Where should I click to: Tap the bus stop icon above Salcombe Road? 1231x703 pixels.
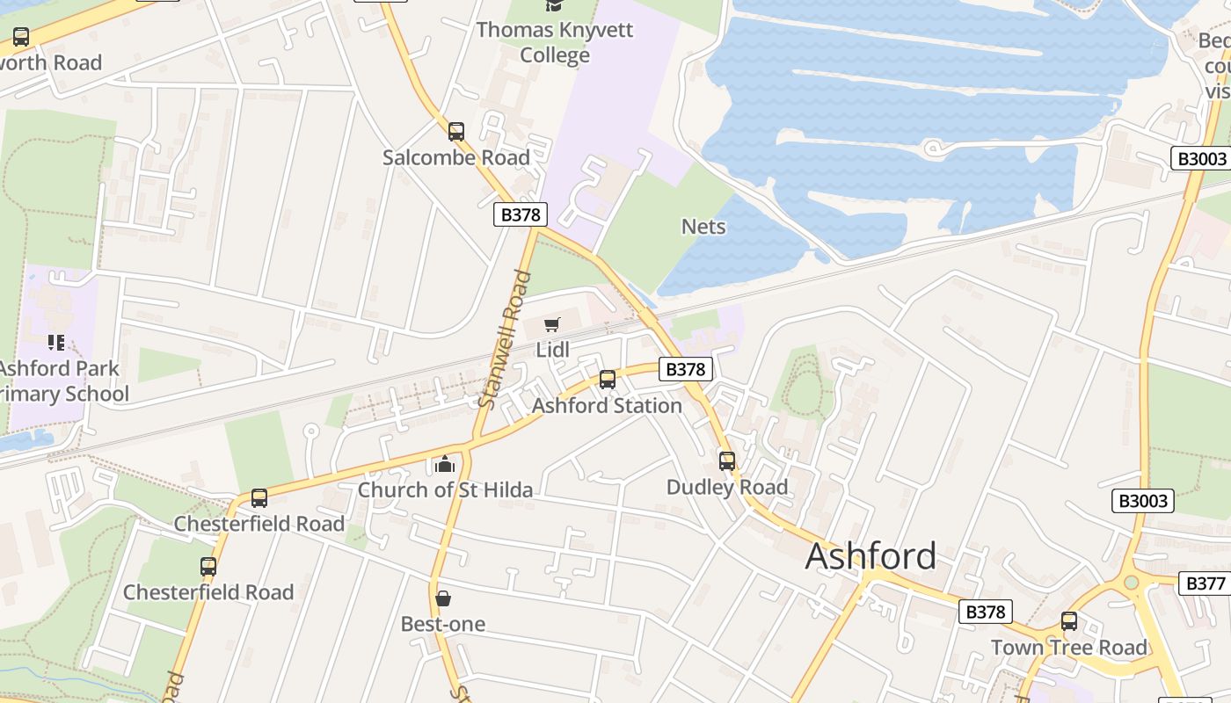pos(455,132)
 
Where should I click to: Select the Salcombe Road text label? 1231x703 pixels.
pos(455,158)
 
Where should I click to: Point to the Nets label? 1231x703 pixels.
pos(703,227)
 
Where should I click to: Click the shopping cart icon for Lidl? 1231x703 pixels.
pos(552,325)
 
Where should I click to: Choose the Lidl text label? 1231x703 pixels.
pos(552,350)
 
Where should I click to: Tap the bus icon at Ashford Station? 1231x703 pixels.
pos(607,380)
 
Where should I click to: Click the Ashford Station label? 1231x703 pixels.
pos(607,406)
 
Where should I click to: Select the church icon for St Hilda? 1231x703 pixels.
pos(445,463)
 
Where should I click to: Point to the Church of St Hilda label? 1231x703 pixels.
pos(445,489)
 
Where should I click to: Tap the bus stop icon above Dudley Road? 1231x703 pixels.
pos(726,460)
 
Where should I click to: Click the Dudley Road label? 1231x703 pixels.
pos(726,487)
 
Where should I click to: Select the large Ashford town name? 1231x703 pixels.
pos(870,556)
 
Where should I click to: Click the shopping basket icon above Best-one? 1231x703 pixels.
pos(443,598)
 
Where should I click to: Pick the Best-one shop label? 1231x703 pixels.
pos(443,624)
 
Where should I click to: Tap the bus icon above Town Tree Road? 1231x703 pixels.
pos(1068,621)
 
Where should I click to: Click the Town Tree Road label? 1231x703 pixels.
pos(1068,648)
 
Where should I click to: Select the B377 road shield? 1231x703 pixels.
pos(1205,583)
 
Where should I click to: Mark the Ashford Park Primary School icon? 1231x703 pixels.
pos(56,342)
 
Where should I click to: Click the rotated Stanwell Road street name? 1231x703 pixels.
pos(505,339)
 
